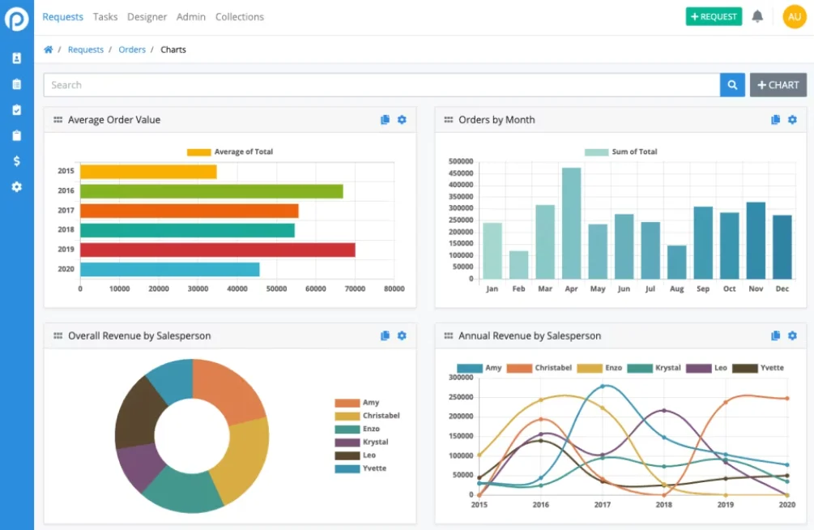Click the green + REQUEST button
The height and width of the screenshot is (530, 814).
[713, 16]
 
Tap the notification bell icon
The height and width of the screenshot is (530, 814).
[757, 16]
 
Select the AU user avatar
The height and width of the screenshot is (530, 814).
[795, 16]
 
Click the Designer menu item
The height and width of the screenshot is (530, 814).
[147, 16]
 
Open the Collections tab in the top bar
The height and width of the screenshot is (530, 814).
[240, 16]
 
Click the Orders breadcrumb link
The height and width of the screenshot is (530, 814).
[132, 49]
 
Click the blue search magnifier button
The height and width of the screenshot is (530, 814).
[732, 85]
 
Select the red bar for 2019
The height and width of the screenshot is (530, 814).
[217, 250]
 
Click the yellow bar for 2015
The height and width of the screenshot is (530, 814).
[148, 172]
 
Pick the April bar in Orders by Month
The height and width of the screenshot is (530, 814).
[571, 223]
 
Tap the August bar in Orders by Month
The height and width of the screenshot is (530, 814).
[676, 262]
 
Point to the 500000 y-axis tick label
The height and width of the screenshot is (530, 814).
[460, 161]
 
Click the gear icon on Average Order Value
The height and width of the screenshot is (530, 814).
[402, 120]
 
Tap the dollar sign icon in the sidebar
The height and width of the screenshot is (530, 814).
[16, 161]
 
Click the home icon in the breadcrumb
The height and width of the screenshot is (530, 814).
[49, 49]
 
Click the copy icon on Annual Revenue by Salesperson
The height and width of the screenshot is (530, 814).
[776, 336]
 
